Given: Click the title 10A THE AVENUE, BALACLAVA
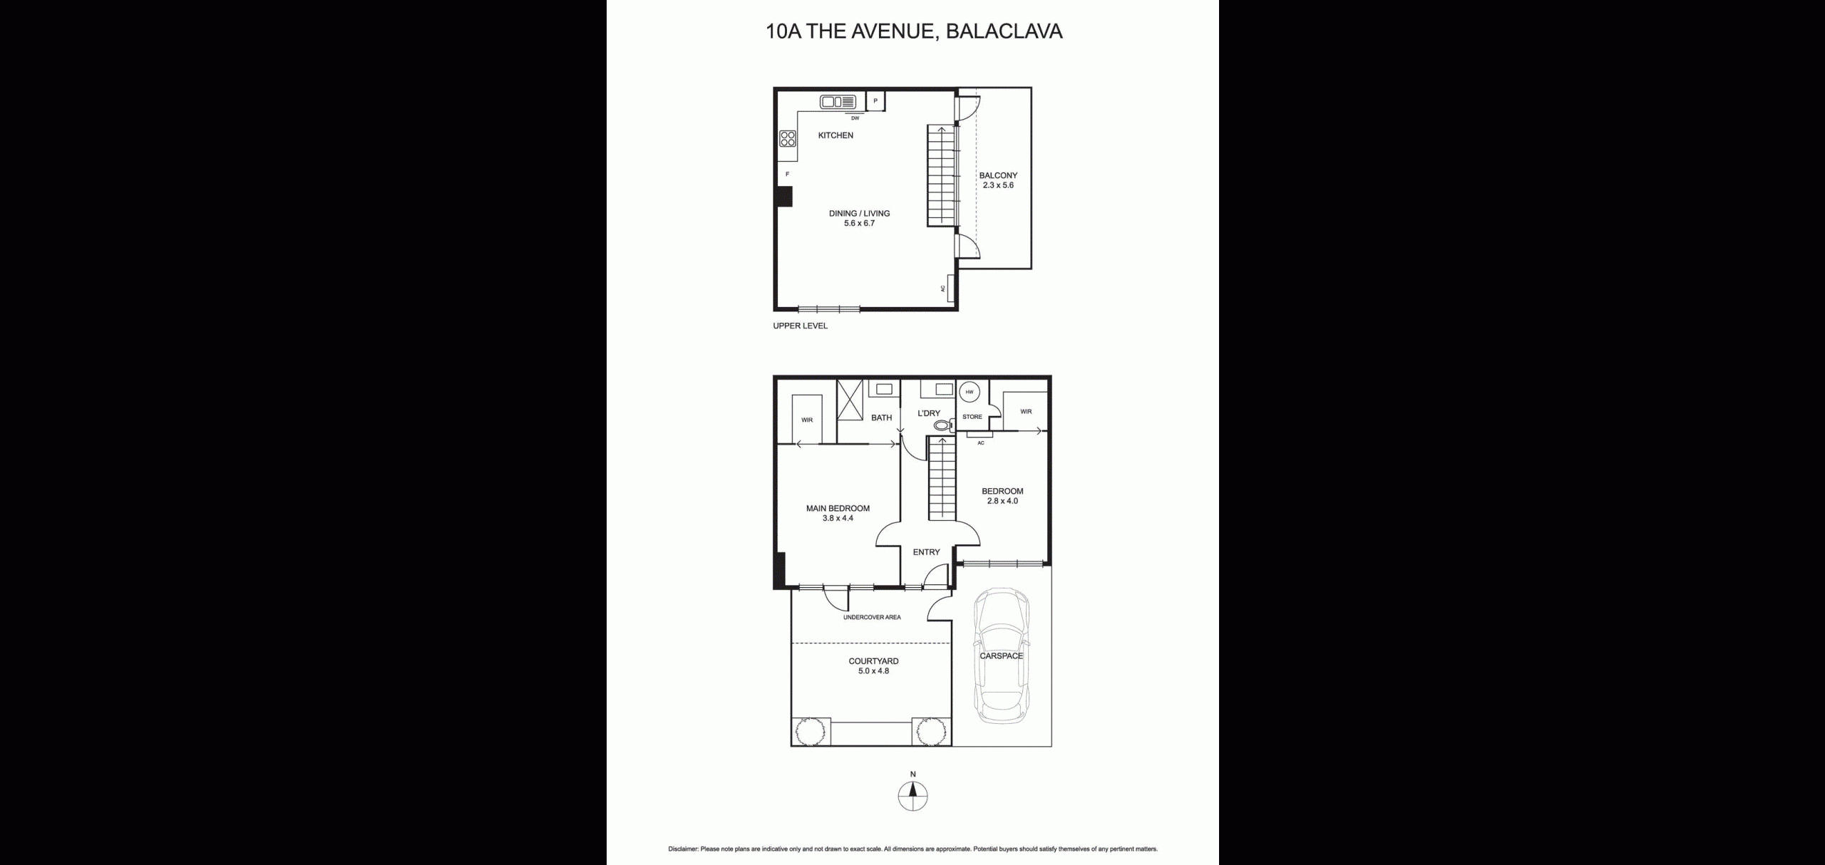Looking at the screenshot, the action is [x=914, y=31].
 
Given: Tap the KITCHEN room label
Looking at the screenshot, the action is [x=836, y=135].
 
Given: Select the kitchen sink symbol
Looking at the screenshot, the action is [x=837, y=102].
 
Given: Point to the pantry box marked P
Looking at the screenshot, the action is [x=875, y=101].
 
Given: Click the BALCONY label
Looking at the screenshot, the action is [x=998, y=175].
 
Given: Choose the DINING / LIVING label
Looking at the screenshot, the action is [x=859, y=213].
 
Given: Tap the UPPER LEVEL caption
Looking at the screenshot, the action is [x=801, y=326].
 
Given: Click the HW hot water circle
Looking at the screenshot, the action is [x=969, y=392].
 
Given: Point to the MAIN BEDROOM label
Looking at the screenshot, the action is [x=838, y=508].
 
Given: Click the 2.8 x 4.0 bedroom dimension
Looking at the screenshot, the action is [x=1002, y=501].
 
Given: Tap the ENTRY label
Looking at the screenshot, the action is [x=926, y=551].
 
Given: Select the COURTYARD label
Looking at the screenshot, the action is [x=873, y=661].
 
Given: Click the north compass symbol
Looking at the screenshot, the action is [x=912, y=796].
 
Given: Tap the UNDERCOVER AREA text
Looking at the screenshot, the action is [x=872, y=617].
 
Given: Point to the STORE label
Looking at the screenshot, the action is [x=972, y=417].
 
